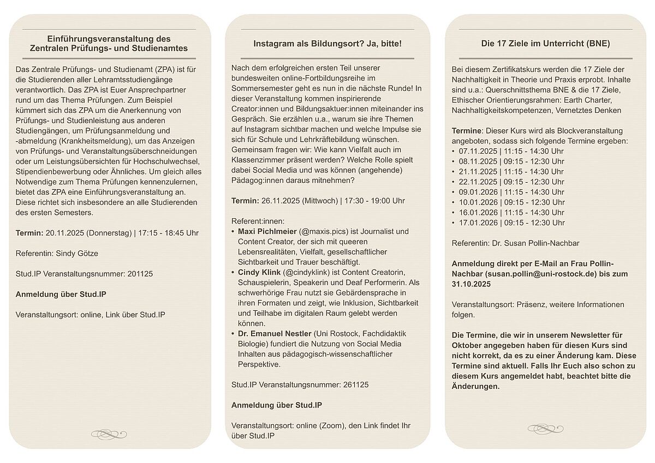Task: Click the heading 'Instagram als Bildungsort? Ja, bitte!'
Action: (x=327, y=43)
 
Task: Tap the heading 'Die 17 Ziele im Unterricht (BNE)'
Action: (x=545, y=43)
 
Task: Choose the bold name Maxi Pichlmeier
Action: (x=266, y=231)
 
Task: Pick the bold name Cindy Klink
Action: (x=259, y=272)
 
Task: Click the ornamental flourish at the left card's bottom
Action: (x=109, y=434)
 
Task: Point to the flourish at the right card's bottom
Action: (x=545, y=429)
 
